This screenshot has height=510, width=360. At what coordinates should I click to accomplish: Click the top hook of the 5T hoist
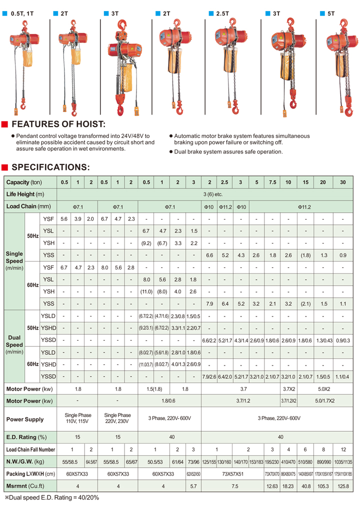pyautogui.click(x=345, y=23)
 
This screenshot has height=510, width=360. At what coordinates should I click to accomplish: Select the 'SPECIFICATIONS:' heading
pyautogui.click(x=50, y=167)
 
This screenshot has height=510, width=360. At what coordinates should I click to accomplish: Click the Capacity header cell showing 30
pyautogui.click(x=342, y=182)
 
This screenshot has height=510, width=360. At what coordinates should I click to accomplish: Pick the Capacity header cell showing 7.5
pyautogui.click(x=272, y=182)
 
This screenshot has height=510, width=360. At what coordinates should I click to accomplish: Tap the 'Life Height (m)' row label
pyautogui.click(x=25, y=194)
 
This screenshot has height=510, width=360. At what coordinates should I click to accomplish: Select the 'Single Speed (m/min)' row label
pyautogui.click(x=14, y=261)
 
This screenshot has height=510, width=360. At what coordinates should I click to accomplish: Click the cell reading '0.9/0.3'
pyautogui.click(x=342, y=340)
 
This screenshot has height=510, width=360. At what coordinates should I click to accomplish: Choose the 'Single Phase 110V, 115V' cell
pyautogui.click(x=77, y=418)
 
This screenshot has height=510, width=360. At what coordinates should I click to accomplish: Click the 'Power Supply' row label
pyautogui.click(x=25, y=419)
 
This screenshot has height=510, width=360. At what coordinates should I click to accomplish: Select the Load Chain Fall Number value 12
pyautogui.click(x=342, y=449)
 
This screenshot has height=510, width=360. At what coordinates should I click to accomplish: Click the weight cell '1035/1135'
pyautogui.click(x=342, y=461)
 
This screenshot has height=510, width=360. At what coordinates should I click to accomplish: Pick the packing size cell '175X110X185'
pyautogui.click(x=342, y=473)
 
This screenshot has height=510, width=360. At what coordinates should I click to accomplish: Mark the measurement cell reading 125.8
pyautogui.click(x=342, y=486)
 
